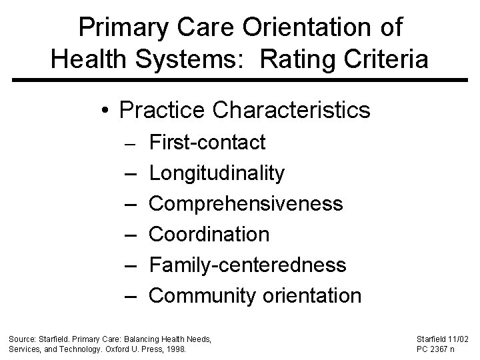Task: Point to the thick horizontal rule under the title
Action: click(240, 81)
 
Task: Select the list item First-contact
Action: click(207, 142)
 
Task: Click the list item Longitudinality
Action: click(217, 173)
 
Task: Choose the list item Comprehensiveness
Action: click(246, 203)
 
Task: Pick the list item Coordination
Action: click(209, 234)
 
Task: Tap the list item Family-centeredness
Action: click(247, 265)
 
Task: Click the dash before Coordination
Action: click(130, 235)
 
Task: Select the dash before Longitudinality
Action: click(130, 173)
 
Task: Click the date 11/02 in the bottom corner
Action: click(458, 339)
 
